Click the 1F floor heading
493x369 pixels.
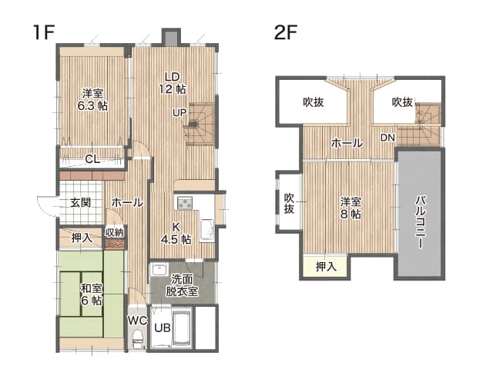pyautogui.click(x=44, y=32)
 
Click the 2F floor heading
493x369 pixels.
pyautogui.click(x=286, y=32)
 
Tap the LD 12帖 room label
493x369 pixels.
pyautogui.click(x=173, y=83)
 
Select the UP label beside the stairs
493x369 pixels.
pyautogui.click(x=179, y=112)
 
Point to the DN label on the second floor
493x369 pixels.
pyautogui.click(x=387, y=138)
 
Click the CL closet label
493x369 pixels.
pyautogui.click(x=92, y=159)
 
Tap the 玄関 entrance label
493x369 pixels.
pyautogui.click(x=80, y=202)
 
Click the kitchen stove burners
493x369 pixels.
pyautogui.click(x=185, y=203)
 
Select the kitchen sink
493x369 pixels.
pyautogui.click(x=207, y=230)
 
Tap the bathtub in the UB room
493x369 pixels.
pyautogui.click(x=182, y=327)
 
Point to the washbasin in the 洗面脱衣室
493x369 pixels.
pyautogui.click(x=159, y=269)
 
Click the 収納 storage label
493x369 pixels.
pyautogui.click(x=114, y=232)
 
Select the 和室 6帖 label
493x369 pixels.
pyautogui.click(x=92, y=294)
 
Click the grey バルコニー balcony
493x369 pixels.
pyautogui.click(x=421, y=214)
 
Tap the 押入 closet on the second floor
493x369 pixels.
pyautogui.click(x=325, y=267)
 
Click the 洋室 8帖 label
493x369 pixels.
pyautogui.click(x=350, y=208)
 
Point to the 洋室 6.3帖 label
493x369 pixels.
pyautogui.click(x=92, y=99)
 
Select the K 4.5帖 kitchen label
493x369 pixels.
pyautogui.click(x=176, y=233)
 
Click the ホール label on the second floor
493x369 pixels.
pyautogui.click(x=347, y=143)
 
